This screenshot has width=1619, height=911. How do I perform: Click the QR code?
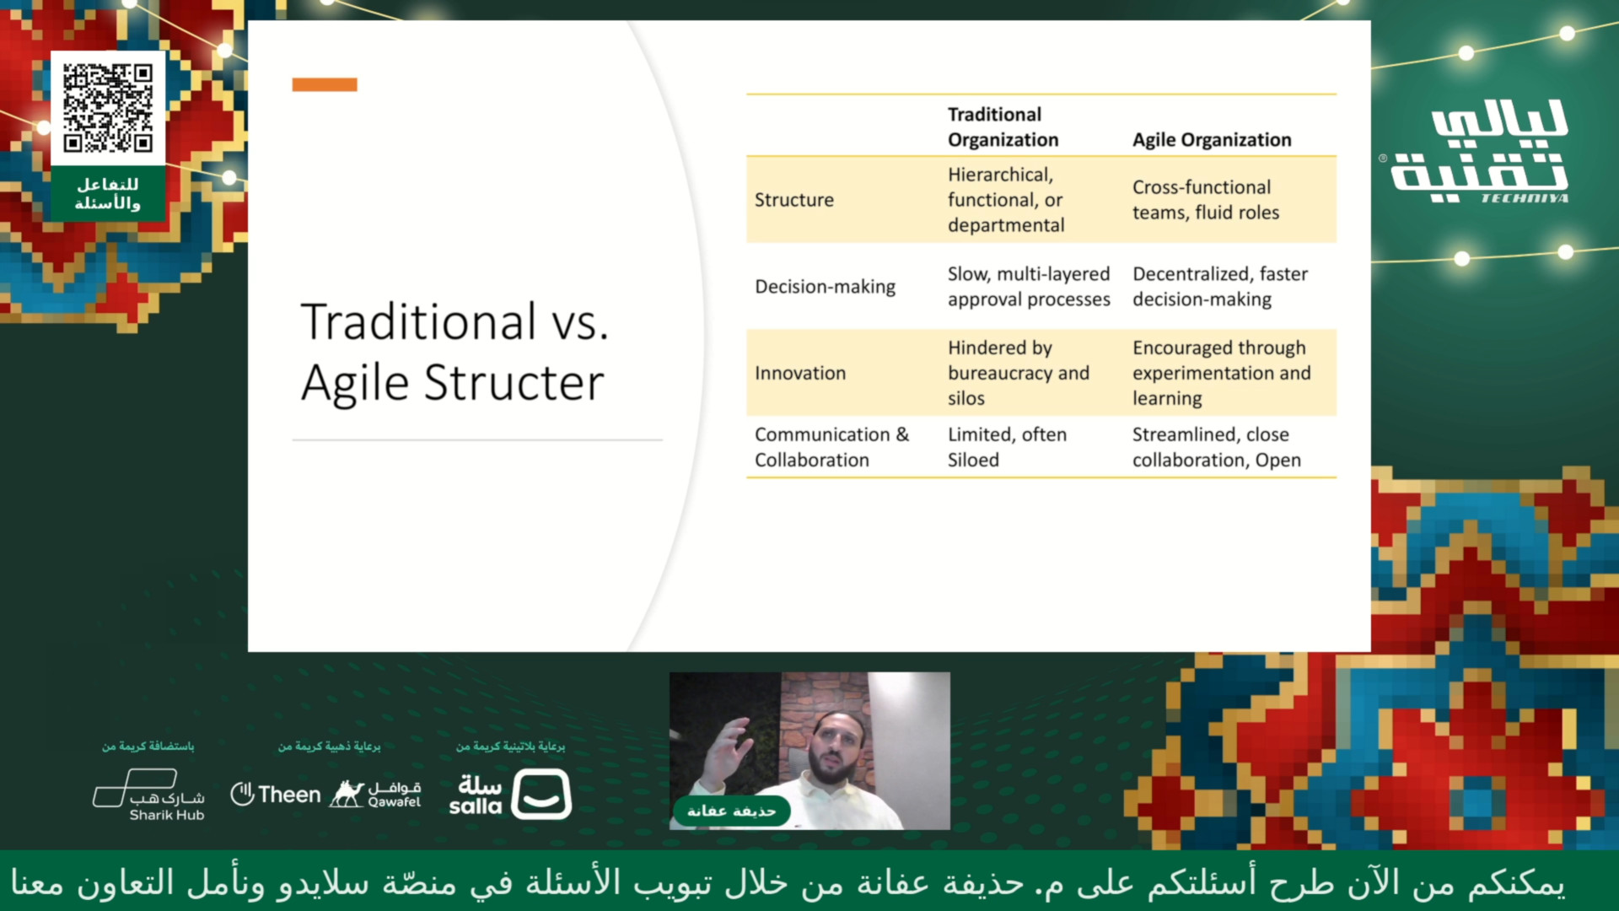pos(108,109)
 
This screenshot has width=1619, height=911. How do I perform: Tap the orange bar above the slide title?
pos(325,84)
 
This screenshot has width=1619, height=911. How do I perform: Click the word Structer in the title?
pos(514,383)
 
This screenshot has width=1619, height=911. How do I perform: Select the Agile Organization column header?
pos(1212,140)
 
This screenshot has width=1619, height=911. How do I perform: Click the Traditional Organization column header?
pos(1003,127)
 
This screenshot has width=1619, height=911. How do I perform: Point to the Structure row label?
pos(793,200)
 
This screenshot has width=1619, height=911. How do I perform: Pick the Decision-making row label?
pos(825,287)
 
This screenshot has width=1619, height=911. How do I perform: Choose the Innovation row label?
pos(799,373)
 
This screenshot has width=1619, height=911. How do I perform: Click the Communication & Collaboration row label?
pos(831,447)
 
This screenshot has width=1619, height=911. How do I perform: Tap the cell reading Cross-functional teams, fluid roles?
pos(1206,200)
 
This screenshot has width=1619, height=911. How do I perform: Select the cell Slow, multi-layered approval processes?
pos(1029,287)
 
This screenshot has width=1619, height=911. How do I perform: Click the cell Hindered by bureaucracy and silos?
pos(1018,373)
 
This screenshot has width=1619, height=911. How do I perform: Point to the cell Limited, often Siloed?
pos(1007,447)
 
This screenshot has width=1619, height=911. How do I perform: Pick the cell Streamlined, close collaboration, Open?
pos(1216,447)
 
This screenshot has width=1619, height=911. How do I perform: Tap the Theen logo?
pos(276,795)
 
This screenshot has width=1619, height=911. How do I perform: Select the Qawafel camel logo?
pos(374,794)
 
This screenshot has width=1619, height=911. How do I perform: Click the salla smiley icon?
pos(541,794)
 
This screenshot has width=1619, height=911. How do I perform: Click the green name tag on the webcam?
pos(731,811)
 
